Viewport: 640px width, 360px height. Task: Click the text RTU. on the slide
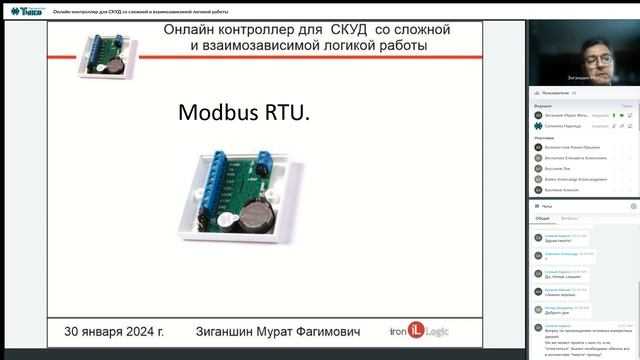tap(286, 113)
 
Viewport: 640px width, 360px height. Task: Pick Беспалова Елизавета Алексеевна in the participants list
tap(576, 158)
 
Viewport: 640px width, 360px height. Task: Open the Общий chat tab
tap(542, 217)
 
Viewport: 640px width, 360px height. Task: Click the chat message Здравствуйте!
tap(560, 241)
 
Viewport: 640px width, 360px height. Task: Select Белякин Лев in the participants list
tap(560, 168)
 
